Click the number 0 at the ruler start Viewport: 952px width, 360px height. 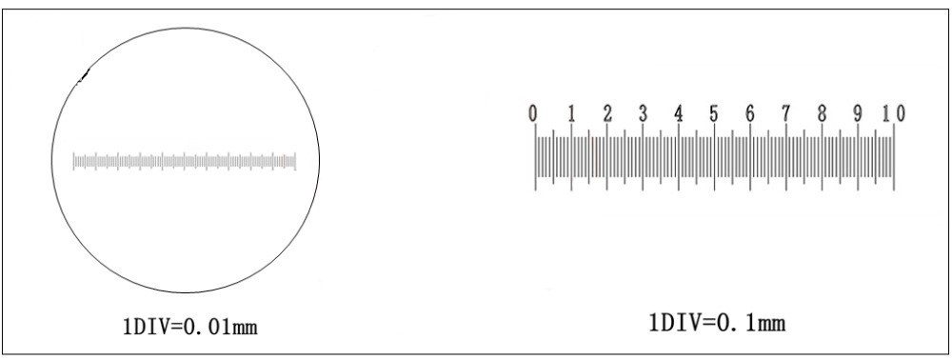[x=532, y=113]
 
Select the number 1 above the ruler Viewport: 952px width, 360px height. [x=571, y=113]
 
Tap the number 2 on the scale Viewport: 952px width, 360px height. [x=607, y=113]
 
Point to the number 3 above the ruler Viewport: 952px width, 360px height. [x=643, y=113]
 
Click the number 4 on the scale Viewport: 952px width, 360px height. [x=679, y=113]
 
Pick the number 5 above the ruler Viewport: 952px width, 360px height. [x=714, y=113]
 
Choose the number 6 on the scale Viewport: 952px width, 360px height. [x=750, y=113]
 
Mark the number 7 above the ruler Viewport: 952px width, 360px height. [x=785, y=113]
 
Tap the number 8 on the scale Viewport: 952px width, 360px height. [x=822, y=113]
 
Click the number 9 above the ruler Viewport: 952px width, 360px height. [x=858, y=113]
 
